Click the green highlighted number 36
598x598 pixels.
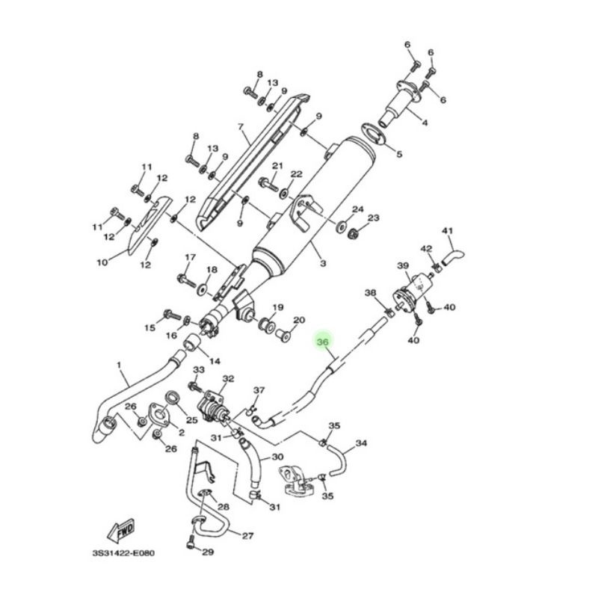click(x=323, y=343)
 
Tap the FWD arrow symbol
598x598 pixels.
click(x=123, y=530)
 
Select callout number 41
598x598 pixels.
click(x=448, y=231)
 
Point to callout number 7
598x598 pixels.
click(x=241, y=126)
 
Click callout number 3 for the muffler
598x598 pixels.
click(x=324, y=264)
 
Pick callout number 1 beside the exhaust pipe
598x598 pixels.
click(x=118, y=366)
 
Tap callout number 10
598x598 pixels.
click(x=102, y=262)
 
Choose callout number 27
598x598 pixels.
click(x=247, y=535)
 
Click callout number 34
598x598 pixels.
click(x=361, y=443)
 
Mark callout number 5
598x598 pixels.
click(x=399, y=155)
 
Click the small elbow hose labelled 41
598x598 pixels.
click(x=452, y=256)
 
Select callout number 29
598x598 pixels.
click(x=208, y=552)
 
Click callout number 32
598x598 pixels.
click(x=228, y=379)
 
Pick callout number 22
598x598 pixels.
click(x=297, y=174)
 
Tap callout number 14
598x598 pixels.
click(x=215, y=362)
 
